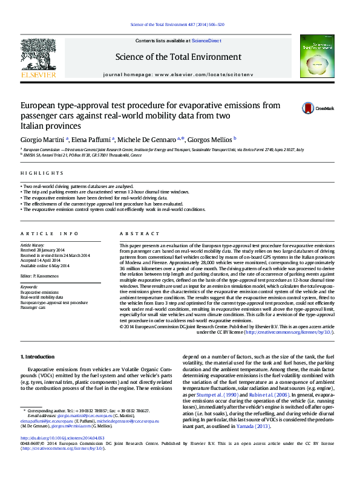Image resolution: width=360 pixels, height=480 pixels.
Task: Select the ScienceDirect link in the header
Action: click(206, 41)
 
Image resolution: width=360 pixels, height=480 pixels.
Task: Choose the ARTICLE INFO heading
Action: click(50, 234)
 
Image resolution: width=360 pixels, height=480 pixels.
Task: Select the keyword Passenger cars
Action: click(33, 307)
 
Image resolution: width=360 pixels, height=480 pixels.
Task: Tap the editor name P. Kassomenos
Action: click(51, 276)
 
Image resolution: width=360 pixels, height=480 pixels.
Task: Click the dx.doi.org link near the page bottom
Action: click(62, 455)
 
